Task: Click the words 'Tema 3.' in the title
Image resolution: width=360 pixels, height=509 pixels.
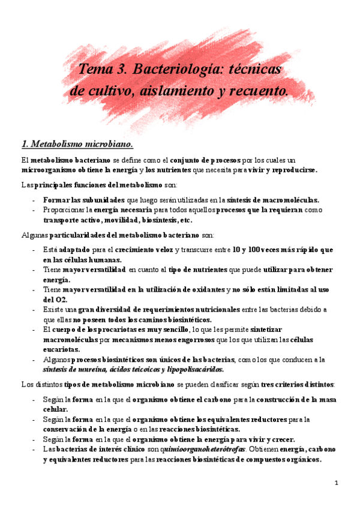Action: click(x=99, y=70)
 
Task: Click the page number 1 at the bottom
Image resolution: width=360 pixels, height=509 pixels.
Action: click(x=337, y=483)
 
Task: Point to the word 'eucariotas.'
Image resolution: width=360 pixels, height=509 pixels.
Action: click(x=62, y=349)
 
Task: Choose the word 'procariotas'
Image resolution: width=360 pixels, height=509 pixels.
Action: click(x=106, y=330)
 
